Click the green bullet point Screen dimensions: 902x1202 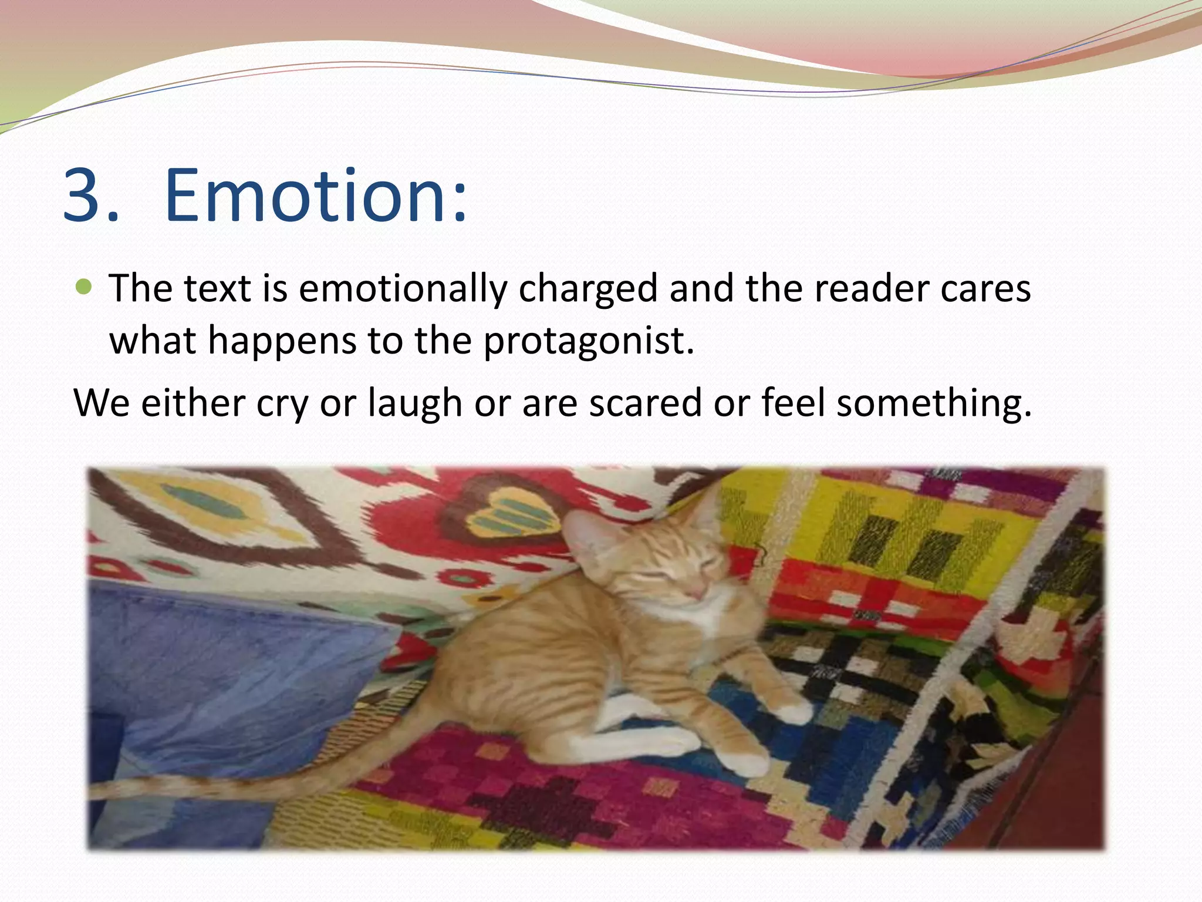point(85,287)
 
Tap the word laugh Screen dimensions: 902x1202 point(415,403)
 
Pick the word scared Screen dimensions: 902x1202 point(645,403)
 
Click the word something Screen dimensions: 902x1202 point(933,403)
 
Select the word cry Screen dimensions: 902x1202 point(282,403)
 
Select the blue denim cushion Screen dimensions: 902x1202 point(235,675)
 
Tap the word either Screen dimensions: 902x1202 point(193,403)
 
